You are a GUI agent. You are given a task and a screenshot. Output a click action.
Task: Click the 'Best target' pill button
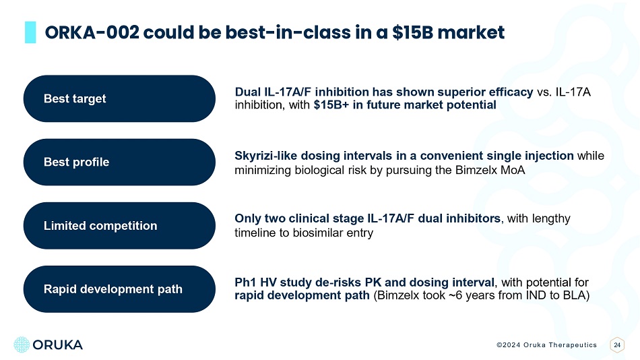click(x=119, y=98)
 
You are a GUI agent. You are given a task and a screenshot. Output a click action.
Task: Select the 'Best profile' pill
click(x=119, y=162)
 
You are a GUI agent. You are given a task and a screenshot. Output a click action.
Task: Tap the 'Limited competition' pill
click(x=119, y=226)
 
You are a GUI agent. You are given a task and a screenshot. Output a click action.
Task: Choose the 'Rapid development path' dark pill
click(x=119, y=289)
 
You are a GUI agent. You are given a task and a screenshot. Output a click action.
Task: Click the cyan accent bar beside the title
click(x=30, y=32)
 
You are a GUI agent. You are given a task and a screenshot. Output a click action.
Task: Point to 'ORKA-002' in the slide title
click(x=92, y=32)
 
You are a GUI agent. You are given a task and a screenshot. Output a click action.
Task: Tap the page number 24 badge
click(x=616, y=345)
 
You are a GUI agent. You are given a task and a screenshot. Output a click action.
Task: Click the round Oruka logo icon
click(x=22, y=344)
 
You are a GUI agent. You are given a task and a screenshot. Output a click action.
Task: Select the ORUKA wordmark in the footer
click(x=57, y=345)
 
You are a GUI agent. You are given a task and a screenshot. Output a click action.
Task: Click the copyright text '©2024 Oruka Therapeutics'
click(x=546, y=345)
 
